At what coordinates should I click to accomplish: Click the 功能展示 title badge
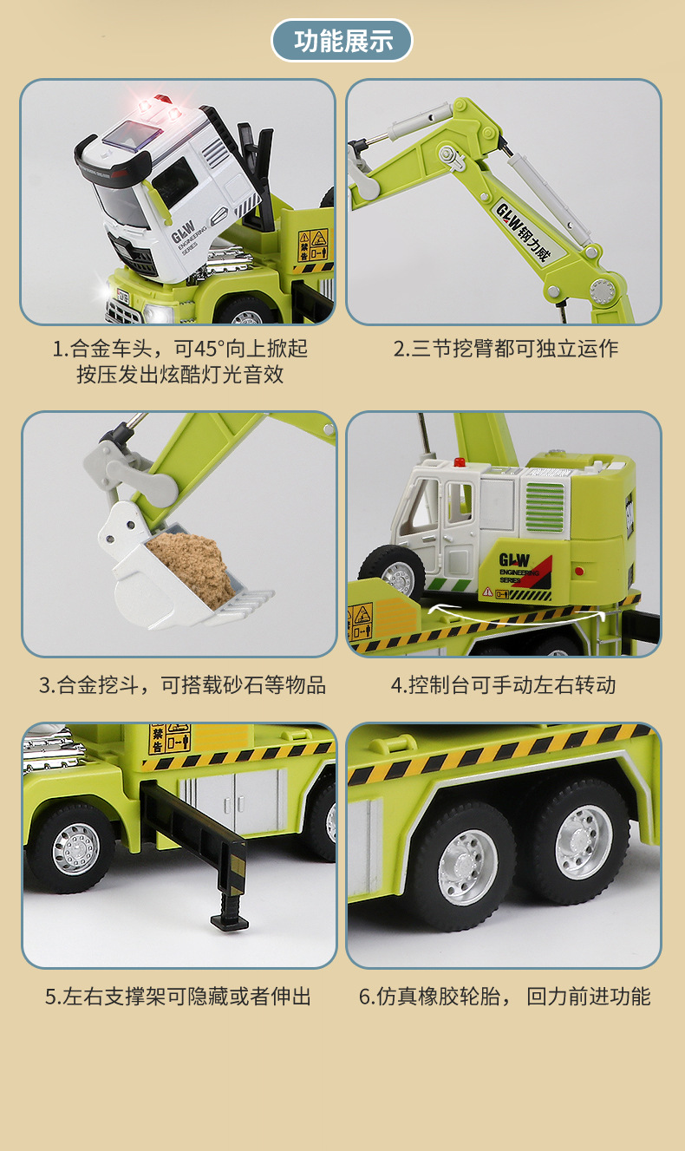coord(342,41)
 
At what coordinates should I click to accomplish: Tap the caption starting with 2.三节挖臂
coord(506,349)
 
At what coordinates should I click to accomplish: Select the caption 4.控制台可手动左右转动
coord(503,685)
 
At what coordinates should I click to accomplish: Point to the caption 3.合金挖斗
coord(88,685)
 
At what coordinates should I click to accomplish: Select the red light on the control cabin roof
coord(460,462)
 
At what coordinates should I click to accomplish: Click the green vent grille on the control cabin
coord(545,507)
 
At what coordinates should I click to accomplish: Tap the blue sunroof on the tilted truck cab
coord(132,135)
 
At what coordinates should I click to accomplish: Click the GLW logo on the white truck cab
coord(182,231)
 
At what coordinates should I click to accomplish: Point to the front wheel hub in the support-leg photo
coord(76,849)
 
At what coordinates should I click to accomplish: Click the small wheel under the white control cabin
coord(393,570)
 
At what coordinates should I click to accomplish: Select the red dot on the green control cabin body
coord(579,571)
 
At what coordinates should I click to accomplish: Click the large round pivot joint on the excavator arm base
coord(603,291)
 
